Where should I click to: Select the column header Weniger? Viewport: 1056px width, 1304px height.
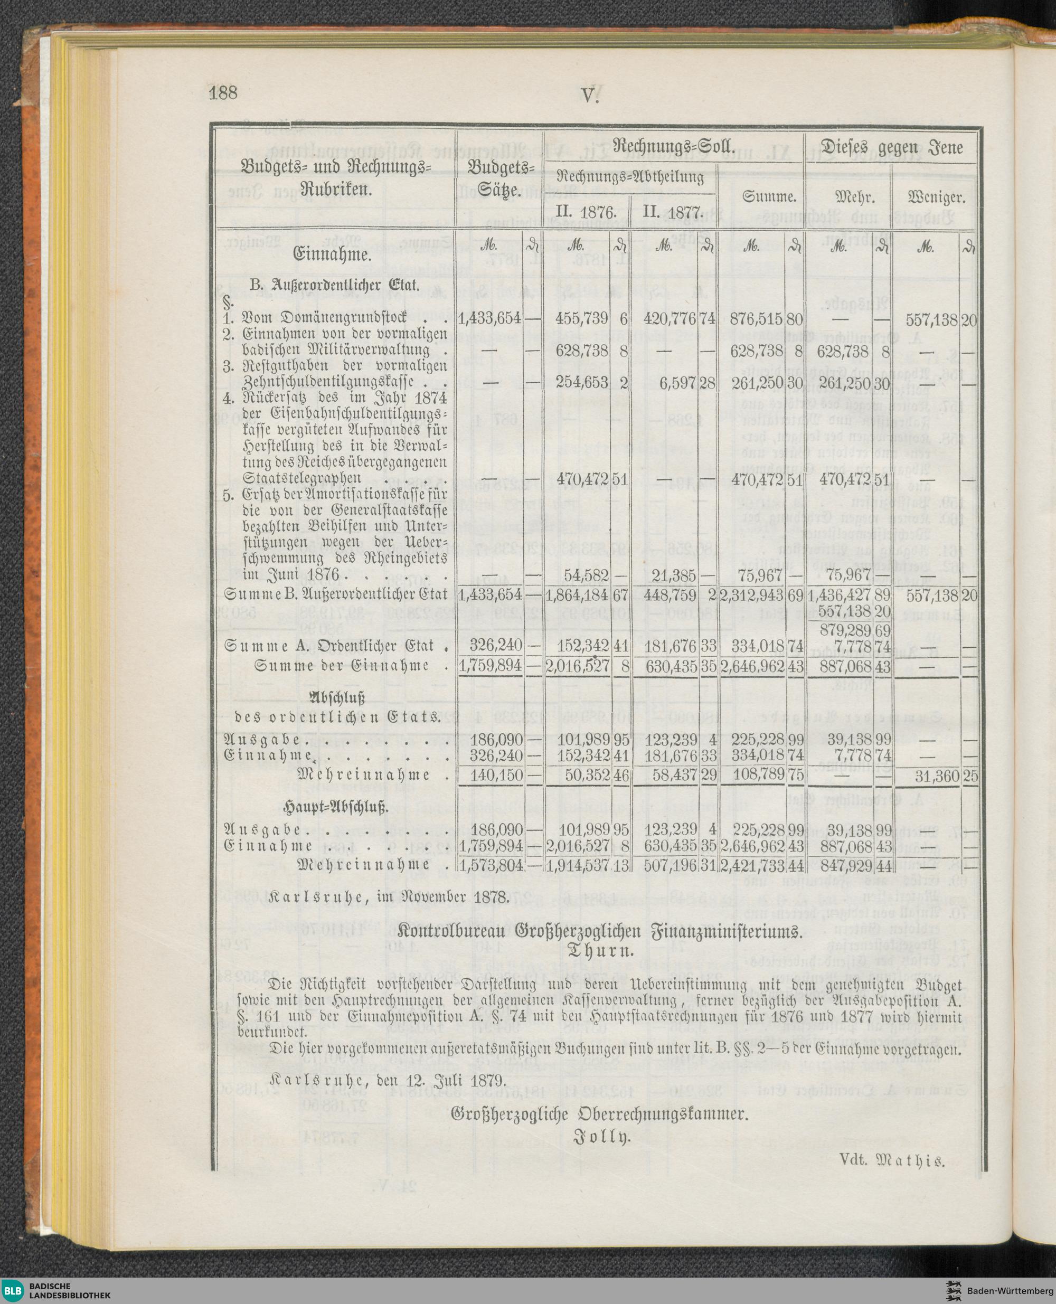(936, 197)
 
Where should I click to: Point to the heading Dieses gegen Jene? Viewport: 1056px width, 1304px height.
(892, 147)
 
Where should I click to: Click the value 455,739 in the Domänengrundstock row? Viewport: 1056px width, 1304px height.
(582, 319)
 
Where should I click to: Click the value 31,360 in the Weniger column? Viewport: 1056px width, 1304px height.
(937, 776)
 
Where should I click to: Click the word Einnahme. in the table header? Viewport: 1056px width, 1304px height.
(332, 255)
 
